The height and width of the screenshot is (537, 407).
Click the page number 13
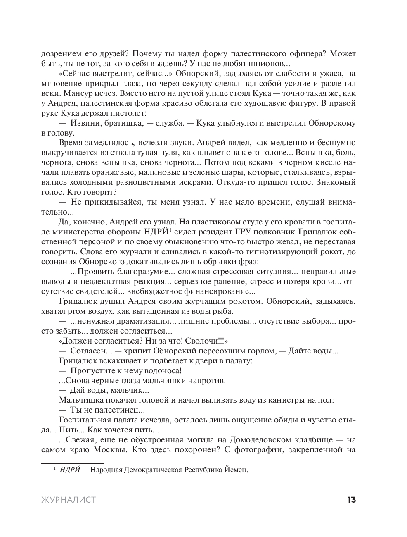[x=351, y=500]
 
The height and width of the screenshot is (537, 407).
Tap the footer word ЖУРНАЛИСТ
[x=69, y=500]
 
